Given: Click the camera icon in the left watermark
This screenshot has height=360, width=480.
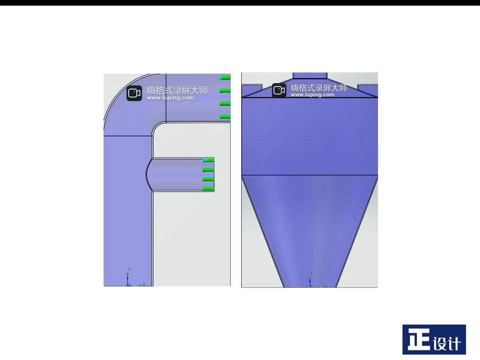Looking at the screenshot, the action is (134, 93).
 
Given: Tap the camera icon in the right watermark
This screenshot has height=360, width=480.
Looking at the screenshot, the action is (279, 90).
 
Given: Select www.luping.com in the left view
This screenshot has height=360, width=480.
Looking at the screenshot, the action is (170, 98).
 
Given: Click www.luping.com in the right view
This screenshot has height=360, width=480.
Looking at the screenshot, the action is (313, 95).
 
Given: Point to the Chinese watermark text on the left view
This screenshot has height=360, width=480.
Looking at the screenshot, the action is (177, 90).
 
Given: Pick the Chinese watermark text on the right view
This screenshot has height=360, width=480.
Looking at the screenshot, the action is (319, 88).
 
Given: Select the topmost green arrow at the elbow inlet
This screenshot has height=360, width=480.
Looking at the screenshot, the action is (225, 78).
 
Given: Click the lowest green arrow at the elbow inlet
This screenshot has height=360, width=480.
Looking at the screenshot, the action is (225, 117).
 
